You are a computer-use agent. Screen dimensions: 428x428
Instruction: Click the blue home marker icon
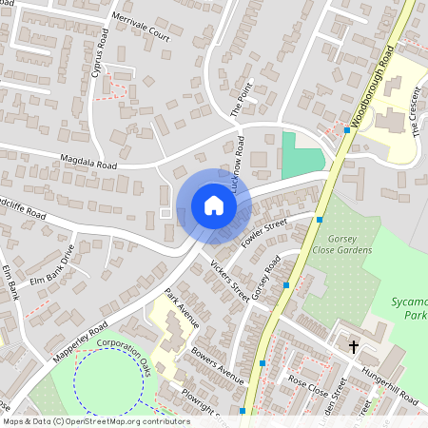tap(214, 205)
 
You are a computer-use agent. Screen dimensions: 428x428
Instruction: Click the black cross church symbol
tap(354, 347)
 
